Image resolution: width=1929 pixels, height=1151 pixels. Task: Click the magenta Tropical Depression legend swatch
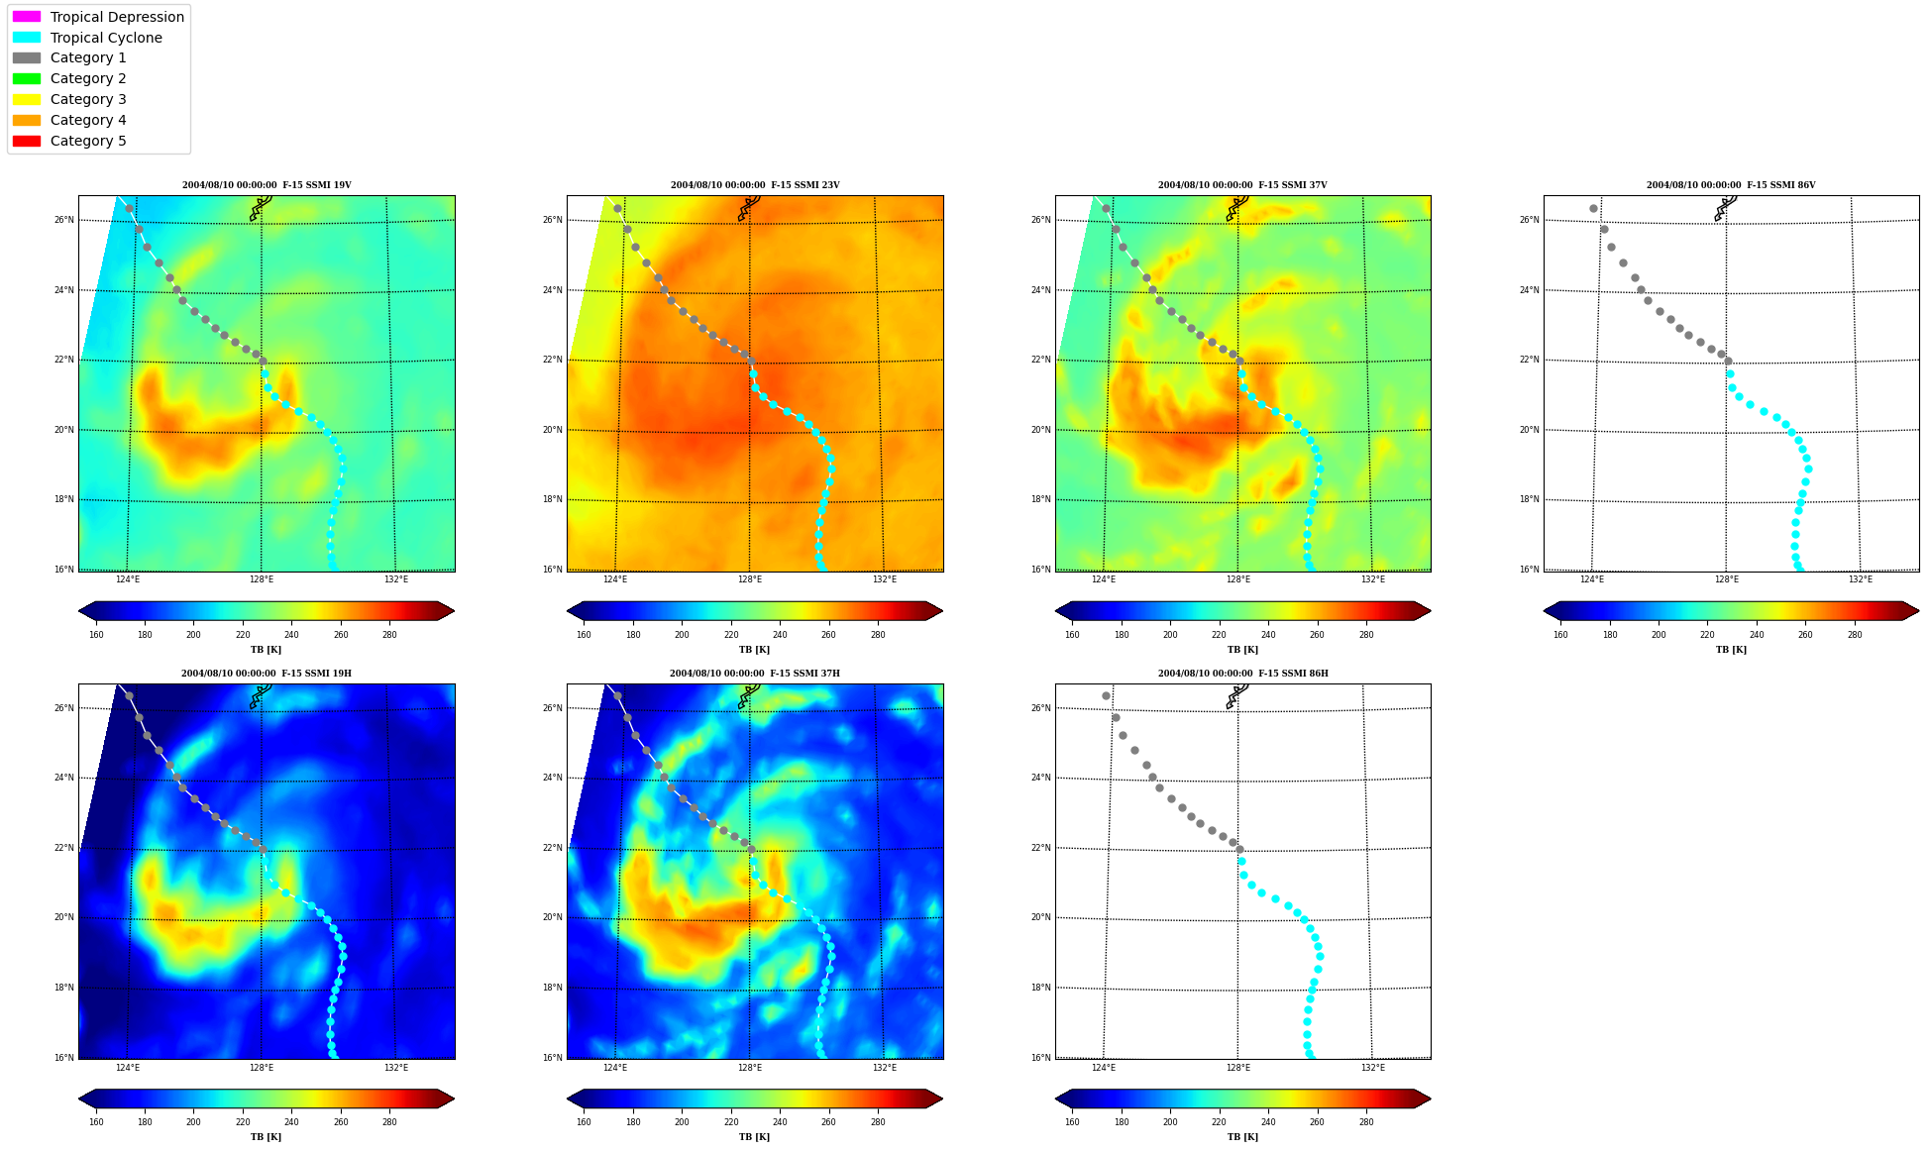(27, 17)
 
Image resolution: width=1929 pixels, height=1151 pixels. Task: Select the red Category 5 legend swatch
(27, 141)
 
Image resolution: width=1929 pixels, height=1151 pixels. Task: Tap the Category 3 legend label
(88, 99)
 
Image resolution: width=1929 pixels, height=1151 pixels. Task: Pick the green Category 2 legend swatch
(27, 78)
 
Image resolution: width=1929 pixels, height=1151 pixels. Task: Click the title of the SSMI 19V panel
(267, 185)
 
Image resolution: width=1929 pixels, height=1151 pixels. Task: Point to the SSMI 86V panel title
(1731, 185)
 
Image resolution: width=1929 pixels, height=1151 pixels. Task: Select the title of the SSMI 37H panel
(755, 674)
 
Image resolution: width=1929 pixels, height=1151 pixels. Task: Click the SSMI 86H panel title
(1243, 674)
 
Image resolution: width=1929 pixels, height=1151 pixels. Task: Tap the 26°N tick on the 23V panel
(552, 220)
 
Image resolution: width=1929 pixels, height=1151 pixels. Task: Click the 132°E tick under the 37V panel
(1373, 579)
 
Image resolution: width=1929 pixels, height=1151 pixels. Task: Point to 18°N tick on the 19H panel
(63, 988)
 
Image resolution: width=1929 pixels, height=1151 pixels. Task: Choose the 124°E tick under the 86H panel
(1104, 1068)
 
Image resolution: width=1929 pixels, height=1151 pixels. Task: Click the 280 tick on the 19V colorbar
(389, 635)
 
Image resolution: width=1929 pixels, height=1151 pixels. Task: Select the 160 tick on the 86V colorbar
(1560, 635)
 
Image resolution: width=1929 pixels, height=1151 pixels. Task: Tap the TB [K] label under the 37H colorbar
(755, 1137)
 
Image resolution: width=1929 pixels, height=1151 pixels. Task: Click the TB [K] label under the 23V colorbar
(755, 650)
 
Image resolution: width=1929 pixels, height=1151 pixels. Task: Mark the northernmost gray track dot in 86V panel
(1593, 208)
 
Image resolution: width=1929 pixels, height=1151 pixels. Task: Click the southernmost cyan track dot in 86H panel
(1310, 1055)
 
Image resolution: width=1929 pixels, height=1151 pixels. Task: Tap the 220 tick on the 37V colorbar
(1219, 635)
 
